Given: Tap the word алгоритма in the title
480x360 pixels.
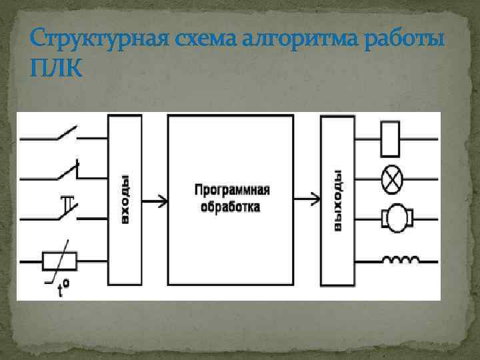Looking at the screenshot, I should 288,38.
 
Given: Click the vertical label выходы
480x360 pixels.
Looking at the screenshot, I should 338,200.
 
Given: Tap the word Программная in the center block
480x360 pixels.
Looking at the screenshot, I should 231,191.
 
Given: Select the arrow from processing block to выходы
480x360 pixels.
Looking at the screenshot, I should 307,199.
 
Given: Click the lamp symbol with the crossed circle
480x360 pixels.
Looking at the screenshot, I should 389,178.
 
